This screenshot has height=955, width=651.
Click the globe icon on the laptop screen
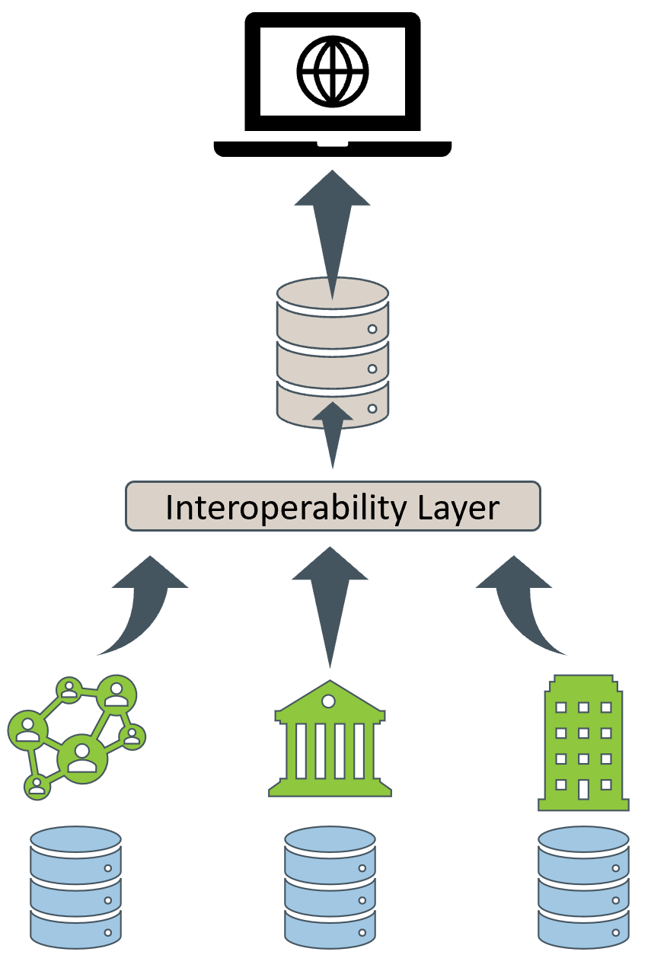(x=333, y=71)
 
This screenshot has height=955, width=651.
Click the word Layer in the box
(x=458, y=508)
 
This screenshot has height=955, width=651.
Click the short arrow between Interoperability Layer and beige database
(x=333, y=435)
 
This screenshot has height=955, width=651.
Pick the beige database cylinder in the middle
(x=333, y=353)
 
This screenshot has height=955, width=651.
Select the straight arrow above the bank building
(x=330, y=607)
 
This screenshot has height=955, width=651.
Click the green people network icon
(x=77, y=737)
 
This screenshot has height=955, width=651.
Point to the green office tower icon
(x=583, y=743)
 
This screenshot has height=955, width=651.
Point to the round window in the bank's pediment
(x=328, y=701)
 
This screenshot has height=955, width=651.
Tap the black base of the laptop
(x=333, y=149)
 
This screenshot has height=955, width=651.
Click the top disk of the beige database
(x=333, y=294)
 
